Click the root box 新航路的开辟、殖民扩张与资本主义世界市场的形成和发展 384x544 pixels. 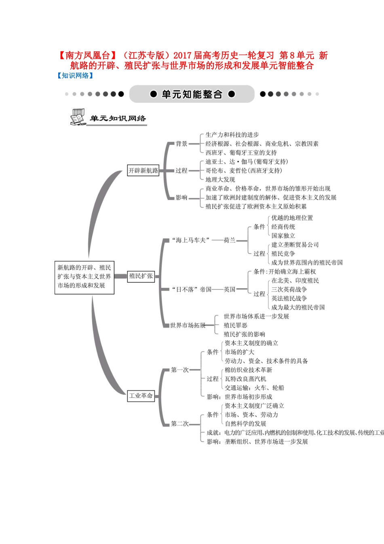click(x=84, y=277)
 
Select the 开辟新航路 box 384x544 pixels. click(x=143, y=171)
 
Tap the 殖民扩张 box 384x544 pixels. click(x=141, y=276)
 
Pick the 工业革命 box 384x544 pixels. click(x=141, y=396)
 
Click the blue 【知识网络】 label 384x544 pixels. click(x=75, y=76)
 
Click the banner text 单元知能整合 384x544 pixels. click(x=192, y=94)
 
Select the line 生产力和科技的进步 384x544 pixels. click(x=232, y=135)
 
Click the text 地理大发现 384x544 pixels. click(x=220, y=180)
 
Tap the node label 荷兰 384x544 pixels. click(x=230, y=240)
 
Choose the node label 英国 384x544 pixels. click(x=230, y=289)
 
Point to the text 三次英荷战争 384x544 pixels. click(x=289, y=290)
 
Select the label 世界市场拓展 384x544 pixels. click(x=188, y=325)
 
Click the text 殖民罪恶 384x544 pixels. click(x=235, y=325)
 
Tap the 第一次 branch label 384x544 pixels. click(x=179, y=370)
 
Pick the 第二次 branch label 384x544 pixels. click(x=179, y=424)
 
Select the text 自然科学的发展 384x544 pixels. click(x=245, y=424)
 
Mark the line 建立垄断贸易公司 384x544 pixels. click(x=295, y=245)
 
